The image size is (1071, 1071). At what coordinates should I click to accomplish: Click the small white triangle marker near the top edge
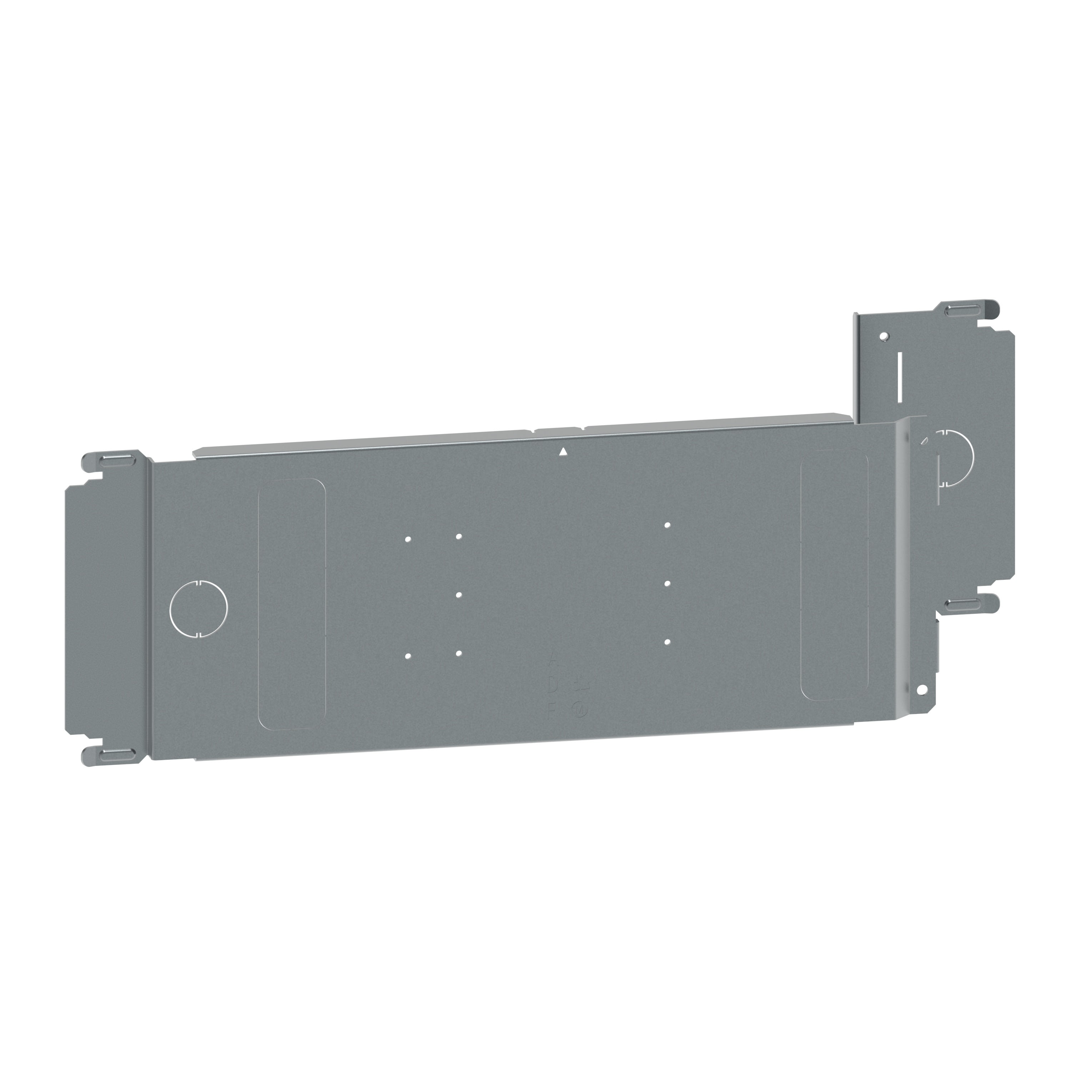(563, 451)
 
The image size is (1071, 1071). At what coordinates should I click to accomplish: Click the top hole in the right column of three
(668, 524)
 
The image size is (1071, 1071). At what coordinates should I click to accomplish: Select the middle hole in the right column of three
(668, 583)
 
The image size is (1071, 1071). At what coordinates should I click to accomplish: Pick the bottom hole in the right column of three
(668, 642)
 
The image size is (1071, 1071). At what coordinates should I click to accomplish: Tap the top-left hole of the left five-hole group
(408, 538)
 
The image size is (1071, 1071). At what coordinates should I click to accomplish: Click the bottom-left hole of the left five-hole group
(408, 656)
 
